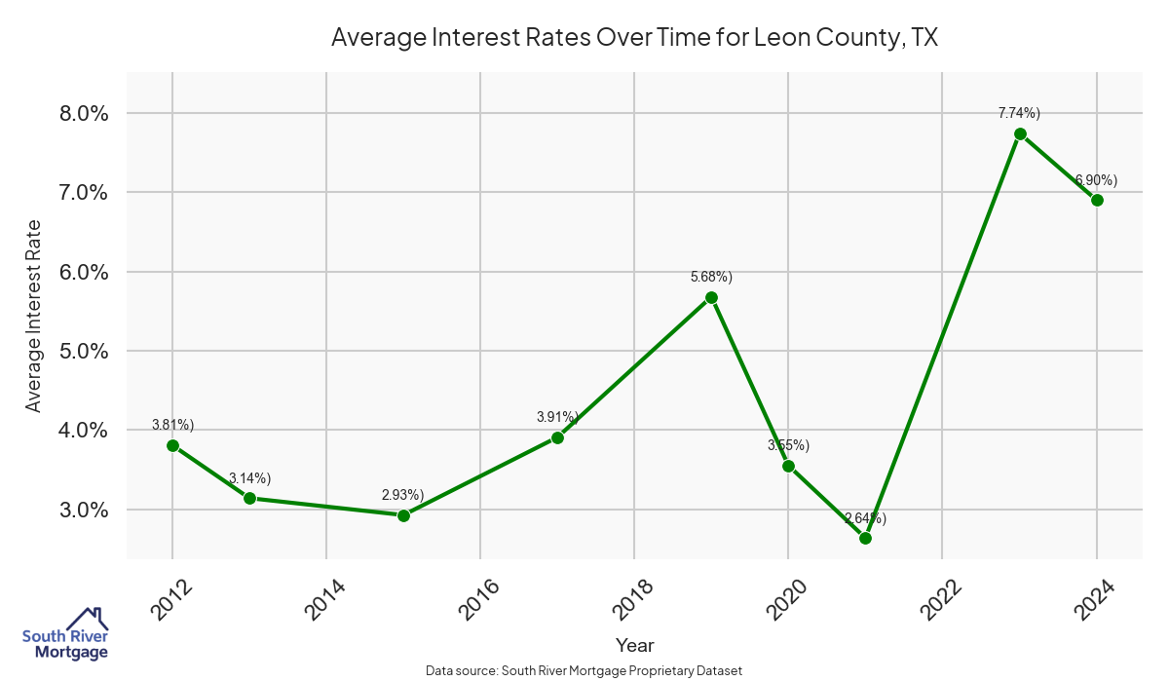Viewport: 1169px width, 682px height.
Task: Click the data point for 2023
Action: pos(1020,134)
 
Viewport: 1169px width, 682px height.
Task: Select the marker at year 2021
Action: pos(865,538)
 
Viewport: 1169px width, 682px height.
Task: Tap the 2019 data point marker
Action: pos(711,297)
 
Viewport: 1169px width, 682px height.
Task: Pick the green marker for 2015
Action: pos(403,515)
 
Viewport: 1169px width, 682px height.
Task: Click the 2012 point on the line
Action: pos(172,445)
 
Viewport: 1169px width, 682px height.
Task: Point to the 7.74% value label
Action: pos(1019,113)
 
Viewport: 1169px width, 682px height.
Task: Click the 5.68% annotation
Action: pos(711,277)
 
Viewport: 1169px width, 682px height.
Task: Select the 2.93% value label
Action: pos(402,494)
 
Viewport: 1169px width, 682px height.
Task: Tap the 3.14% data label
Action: pos(249,478)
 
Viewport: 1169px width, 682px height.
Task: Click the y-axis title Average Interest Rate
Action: pos(34,315)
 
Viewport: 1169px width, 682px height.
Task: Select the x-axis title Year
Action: pos(634,645)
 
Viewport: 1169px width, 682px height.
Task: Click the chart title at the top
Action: pos(634,37)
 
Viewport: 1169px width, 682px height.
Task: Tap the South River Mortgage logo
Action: pos(65,634)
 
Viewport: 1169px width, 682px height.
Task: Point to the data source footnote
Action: pos(584,671)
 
